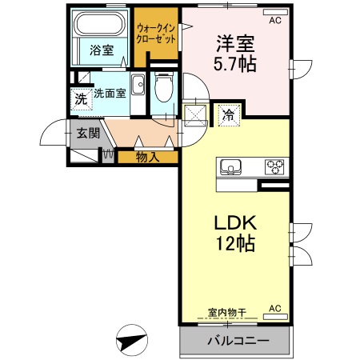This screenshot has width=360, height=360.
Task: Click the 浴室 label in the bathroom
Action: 101,50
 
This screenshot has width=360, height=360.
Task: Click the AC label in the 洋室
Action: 274,20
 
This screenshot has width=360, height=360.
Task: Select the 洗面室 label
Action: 110,93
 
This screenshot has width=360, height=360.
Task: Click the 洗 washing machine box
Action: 80,100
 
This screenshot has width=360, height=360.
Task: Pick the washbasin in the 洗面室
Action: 138,83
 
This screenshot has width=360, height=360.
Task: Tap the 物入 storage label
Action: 147,157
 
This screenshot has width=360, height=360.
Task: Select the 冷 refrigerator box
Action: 229,114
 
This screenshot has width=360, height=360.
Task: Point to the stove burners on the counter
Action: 274,167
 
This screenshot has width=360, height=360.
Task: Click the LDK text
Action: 232,222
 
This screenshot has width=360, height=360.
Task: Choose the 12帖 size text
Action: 232,244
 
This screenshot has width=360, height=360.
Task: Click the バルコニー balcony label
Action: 235,342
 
